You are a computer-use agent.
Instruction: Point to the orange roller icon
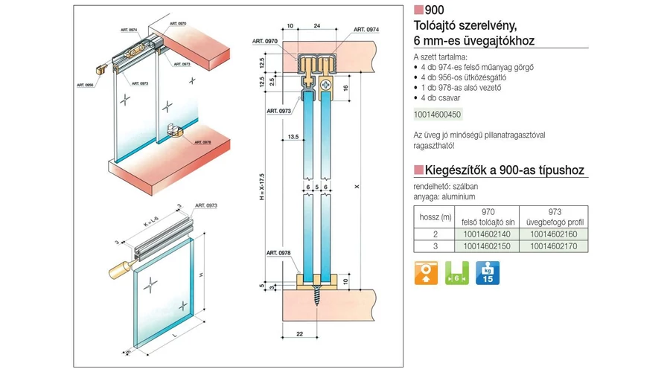[427, 274]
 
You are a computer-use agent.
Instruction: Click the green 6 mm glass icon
[455, 274]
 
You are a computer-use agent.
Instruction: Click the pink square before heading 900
[418, 10]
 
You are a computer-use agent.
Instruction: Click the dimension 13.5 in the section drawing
[291, 137]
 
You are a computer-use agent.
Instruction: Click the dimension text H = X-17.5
[262, 182]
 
